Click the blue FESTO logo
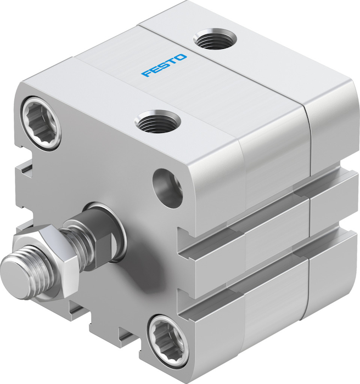(x=164, y=65)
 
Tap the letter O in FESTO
(x=181, y=58)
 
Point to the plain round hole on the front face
(x=167, y=188)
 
